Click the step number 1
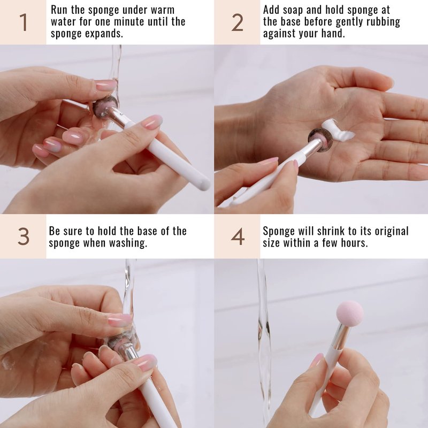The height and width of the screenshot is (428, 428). click(x=24, y=22)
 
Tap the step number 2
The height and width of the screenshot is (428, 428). click(x=237, y=22)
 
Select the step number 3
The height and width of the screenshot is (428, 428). click(x=24, y=236)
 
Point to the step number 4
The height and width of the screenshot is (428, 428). click(x=238, y=236)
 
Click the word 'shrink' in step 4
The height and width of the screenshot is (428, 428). click(x=332, y=231)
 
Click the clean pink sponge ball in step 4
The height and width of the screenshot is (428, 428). click(x=350, y=312)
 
